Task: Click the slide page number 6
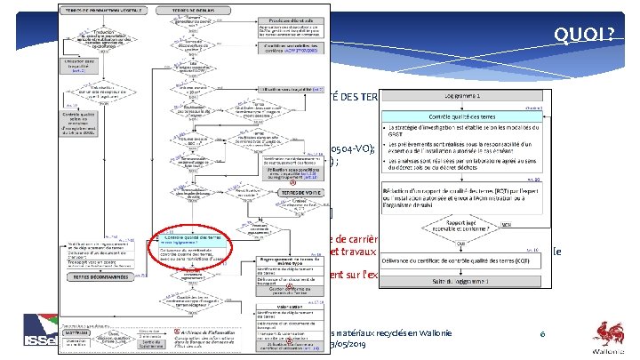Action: (x=543, y=332)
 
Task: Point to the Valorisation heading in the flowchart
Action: (x=275, y=302)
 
